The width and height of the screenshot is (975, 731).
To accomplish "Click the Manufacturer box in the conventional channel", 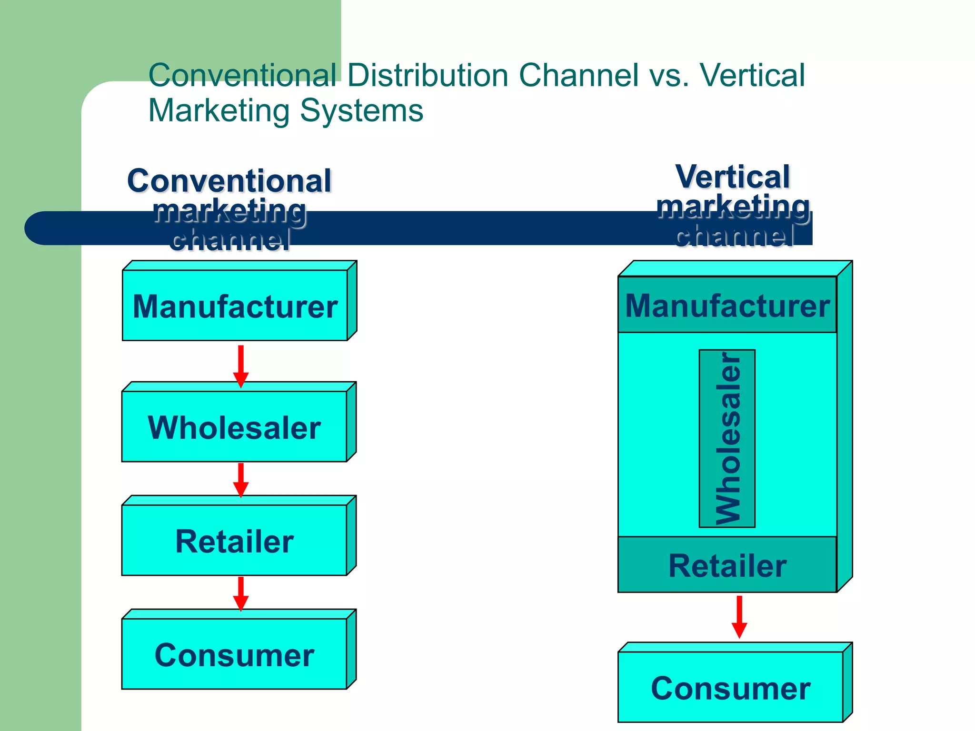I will [x=235, y=306].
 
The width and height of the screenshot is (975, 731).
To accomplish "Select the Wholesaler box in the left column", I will [x=234, y=427].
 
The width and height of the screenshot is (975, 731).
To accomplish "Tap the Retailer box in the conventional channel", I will [x=234, y=541].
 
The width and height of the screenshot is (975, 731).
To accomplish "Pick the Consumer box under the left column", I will [x=234, y=654].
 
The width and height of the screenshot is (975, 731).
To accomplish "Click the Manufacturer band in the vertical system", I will [x=727, y=305].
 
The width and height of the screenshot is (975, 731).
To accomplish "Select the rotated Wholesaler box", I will [x=727, y=438].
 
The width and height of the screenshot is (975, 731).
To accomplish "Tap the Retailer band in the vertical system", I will [x=727, y=565].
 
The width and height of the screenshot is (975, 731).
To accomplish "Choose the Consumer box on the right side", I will [x=730, y=688].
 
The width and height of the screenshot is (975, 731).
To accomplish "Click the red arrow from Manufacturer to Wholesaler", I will [x=241, y=365].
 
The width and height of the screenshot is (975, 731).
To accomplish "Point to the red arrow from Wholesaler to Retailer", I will [x=241, y=480].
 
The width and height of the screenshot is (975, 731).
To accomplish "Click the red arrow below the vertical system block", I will [x=739, y=616].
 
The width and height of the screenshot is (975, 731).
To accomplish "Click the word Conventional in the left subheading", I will [x=229, y=181].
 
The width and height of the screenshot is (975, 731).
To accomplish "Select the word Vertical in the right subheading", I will [x=733, y=177].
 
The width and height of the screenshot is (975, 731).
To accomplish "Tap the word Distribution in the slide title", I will [x=428, y=75].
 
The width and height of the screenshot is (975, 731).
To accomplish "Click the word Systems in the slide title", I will [x=361, y=110].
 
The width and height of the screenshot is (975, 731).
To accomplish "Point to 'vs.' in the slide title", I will [x=668, y=75].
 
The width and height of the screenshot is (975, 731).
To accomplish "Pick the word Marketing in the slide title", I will [x=219, y=110].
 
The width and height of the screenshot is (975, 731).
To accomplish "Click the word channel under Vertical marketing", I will [x=734, y=235].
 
